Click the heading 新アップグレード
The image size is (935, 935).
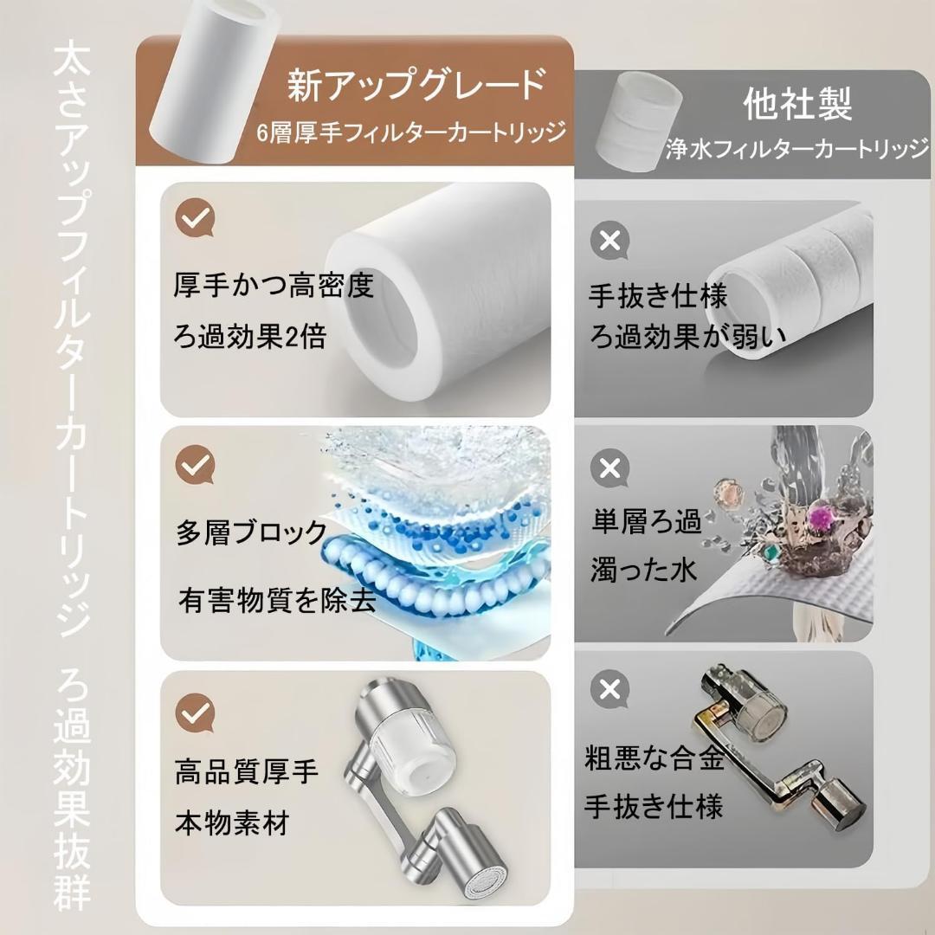[416, 85]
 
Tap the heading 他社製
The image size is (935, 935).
[797, 104]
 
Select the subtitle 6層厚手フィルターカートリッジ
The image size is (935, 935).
[411, 132]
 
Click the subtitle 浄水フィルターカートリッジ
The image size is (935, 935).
[798, 149]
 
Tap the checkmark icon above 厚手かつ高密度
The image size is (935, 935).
[195, 217]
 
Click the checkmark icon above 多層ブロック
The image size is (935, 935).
[195, 465]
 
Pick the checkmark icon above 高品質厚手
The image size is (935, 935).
[195, 713]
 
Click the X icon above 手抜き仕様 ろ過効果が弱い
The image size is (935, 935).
[610, 241]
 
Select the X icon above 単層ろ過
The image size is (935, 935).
[610, 468]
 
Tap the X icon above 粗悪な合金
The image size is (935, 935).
[610, 690]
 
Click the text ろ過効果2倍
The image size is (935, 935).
[250, 337]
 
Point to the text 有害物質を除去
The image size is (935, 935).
[277, 599]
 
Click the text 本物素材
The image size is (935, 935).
[232, 823]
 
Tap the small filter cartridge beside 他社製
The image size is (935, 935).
[639, 122]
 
